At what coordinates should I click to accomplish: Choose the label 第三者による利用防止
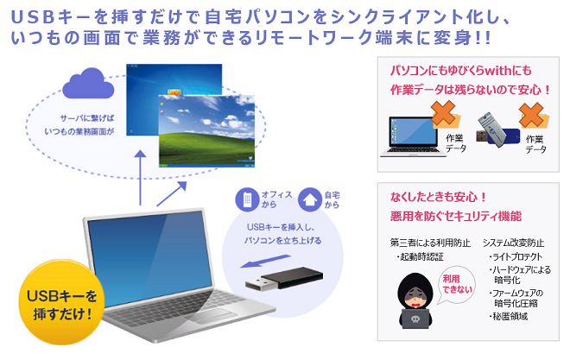tap(430, 242)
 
